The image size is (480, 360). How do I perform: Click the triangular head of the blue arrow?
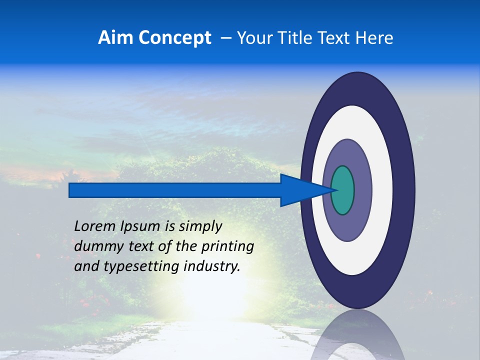pyautogui.click(x=300, y=190)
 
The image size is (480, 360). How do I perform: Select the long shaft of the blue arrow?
pyautogui.click(x=175, y=190)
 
